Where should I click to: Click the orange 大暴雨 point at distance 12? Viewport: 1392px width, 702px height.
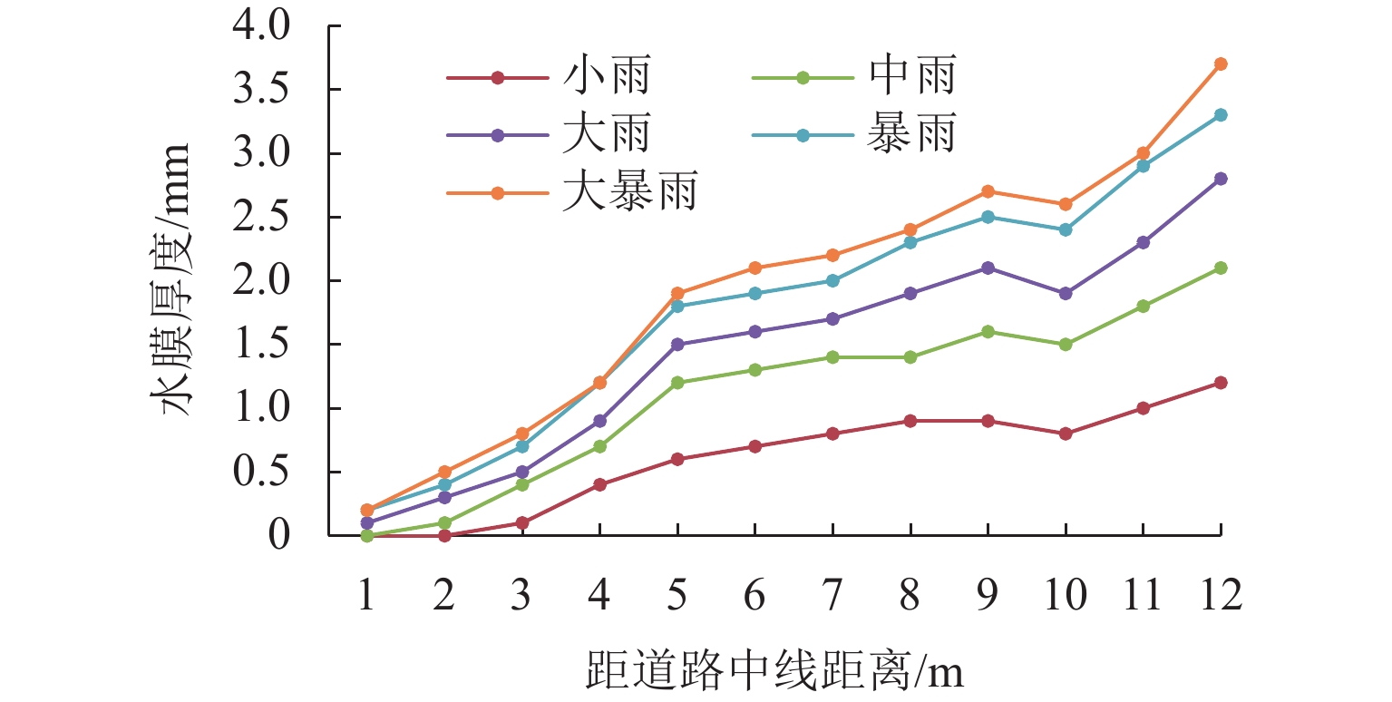1221,63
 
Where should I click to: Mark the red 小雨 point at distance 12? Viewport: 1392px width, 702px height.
1221,383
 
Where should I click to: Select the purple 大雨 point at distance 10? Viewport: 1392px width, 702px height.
1066,294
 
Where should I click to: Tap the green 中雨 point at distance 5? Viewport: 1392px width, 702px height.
677,383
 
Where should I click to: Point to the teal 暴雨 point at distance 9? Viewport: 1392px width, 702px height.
988,217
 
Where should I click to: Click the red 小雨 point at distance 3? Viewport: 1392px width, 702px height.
522,523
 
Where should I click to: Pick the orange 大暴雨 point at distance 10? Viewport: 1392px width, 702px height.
1066,204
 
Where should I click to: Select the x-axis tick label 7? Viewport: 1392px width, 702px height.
832,597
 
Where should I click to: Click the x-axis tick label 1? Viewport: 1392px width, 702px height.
367,597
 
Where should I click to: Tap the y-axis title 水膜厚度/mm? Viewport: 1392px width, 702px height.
178,279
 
